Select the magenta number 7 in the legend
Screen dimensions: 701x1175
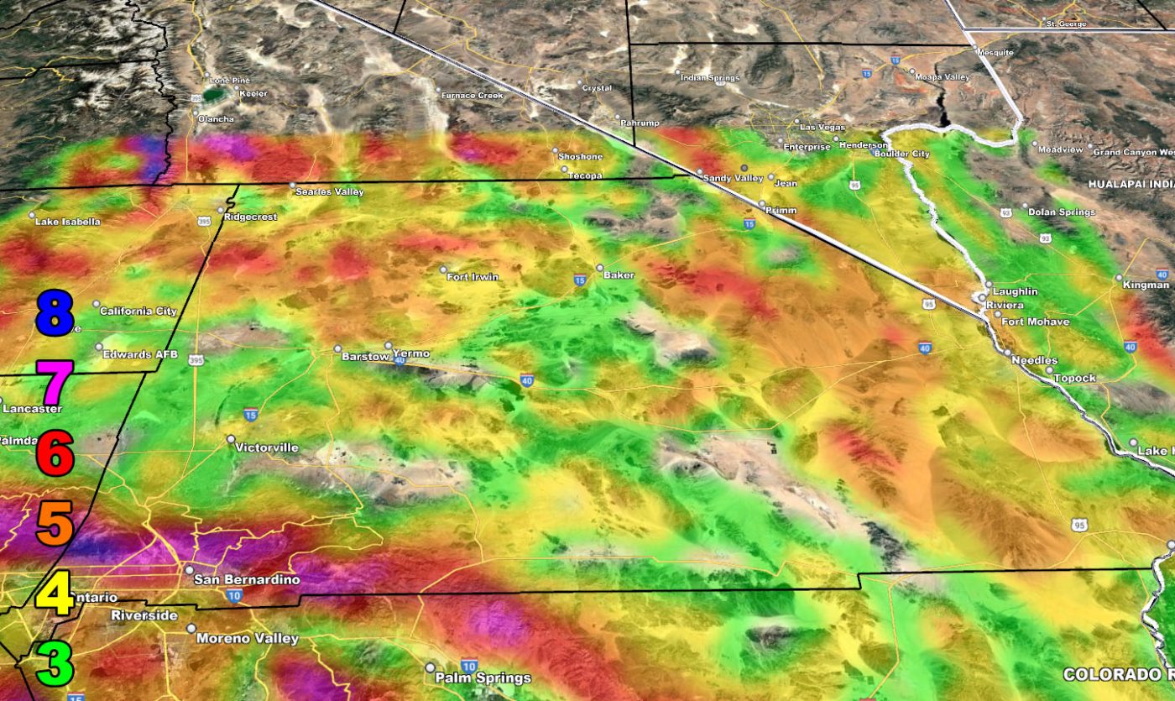[55, 384]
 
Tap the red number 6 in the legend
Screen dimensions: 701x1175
[55, 454]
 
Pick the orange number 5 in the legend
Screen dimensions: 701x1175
[55, 522]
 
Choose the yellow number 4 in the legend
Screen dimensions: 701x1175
[55, 593]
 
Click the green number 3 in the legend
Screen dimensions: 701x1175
[55, 662]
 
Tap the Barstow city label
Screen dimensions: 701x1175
[366, 357]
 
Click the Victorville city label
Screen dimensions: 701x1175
[267, 447]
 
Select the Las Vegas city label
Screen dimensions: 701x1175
[823, 127]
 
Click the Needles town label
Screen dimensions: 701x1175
[1028, 360]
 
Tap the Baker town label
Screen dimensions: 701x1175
[619, 275]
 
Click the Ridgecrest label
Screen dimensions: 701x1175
[250, 217]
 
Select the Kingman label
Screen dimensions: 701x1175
[1145, 285]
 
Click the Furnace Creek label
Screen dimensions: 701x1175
[473, 96]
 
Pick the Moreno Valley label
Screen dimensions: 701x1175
[247, 639]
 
